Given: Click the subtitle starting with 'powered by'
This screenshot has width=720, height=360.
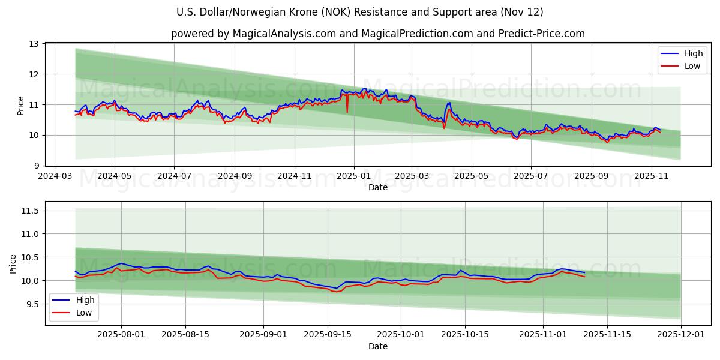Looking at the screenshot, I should point(377,34).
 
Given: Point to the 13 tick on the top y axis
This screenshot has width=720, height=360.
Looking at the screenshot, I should point(34,44).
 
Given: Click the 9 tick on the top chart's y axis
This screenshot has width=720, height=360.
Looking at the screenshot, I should point(36,166).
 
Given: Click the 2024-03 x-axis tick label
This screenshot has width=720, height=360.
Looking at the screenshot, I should point(55,176).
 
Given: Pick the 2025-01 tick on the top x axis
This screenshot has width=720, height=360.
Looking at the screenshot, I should point(353,176).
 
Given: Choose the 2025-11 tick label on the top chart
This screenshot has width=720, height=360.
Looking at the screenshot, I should point(652,176).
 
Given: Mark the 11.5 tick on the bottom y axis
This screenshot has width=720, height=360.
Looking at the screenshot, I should point(29,211).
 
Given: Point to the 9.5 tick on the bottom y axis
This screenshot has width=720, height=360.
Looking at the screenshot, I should point(31,304).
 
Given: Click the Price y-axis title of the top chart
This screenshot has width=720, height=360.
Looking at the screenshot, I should point(21,106).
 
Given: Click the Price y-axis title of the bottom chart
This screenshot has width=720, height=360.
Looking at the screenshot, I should point(13,264).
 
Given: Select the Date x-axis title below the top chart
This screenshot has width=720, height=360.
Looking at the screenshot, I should point(377,187).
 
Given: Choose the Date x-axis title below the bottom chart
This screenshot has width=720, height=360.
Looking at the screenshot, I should point(377,346).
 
